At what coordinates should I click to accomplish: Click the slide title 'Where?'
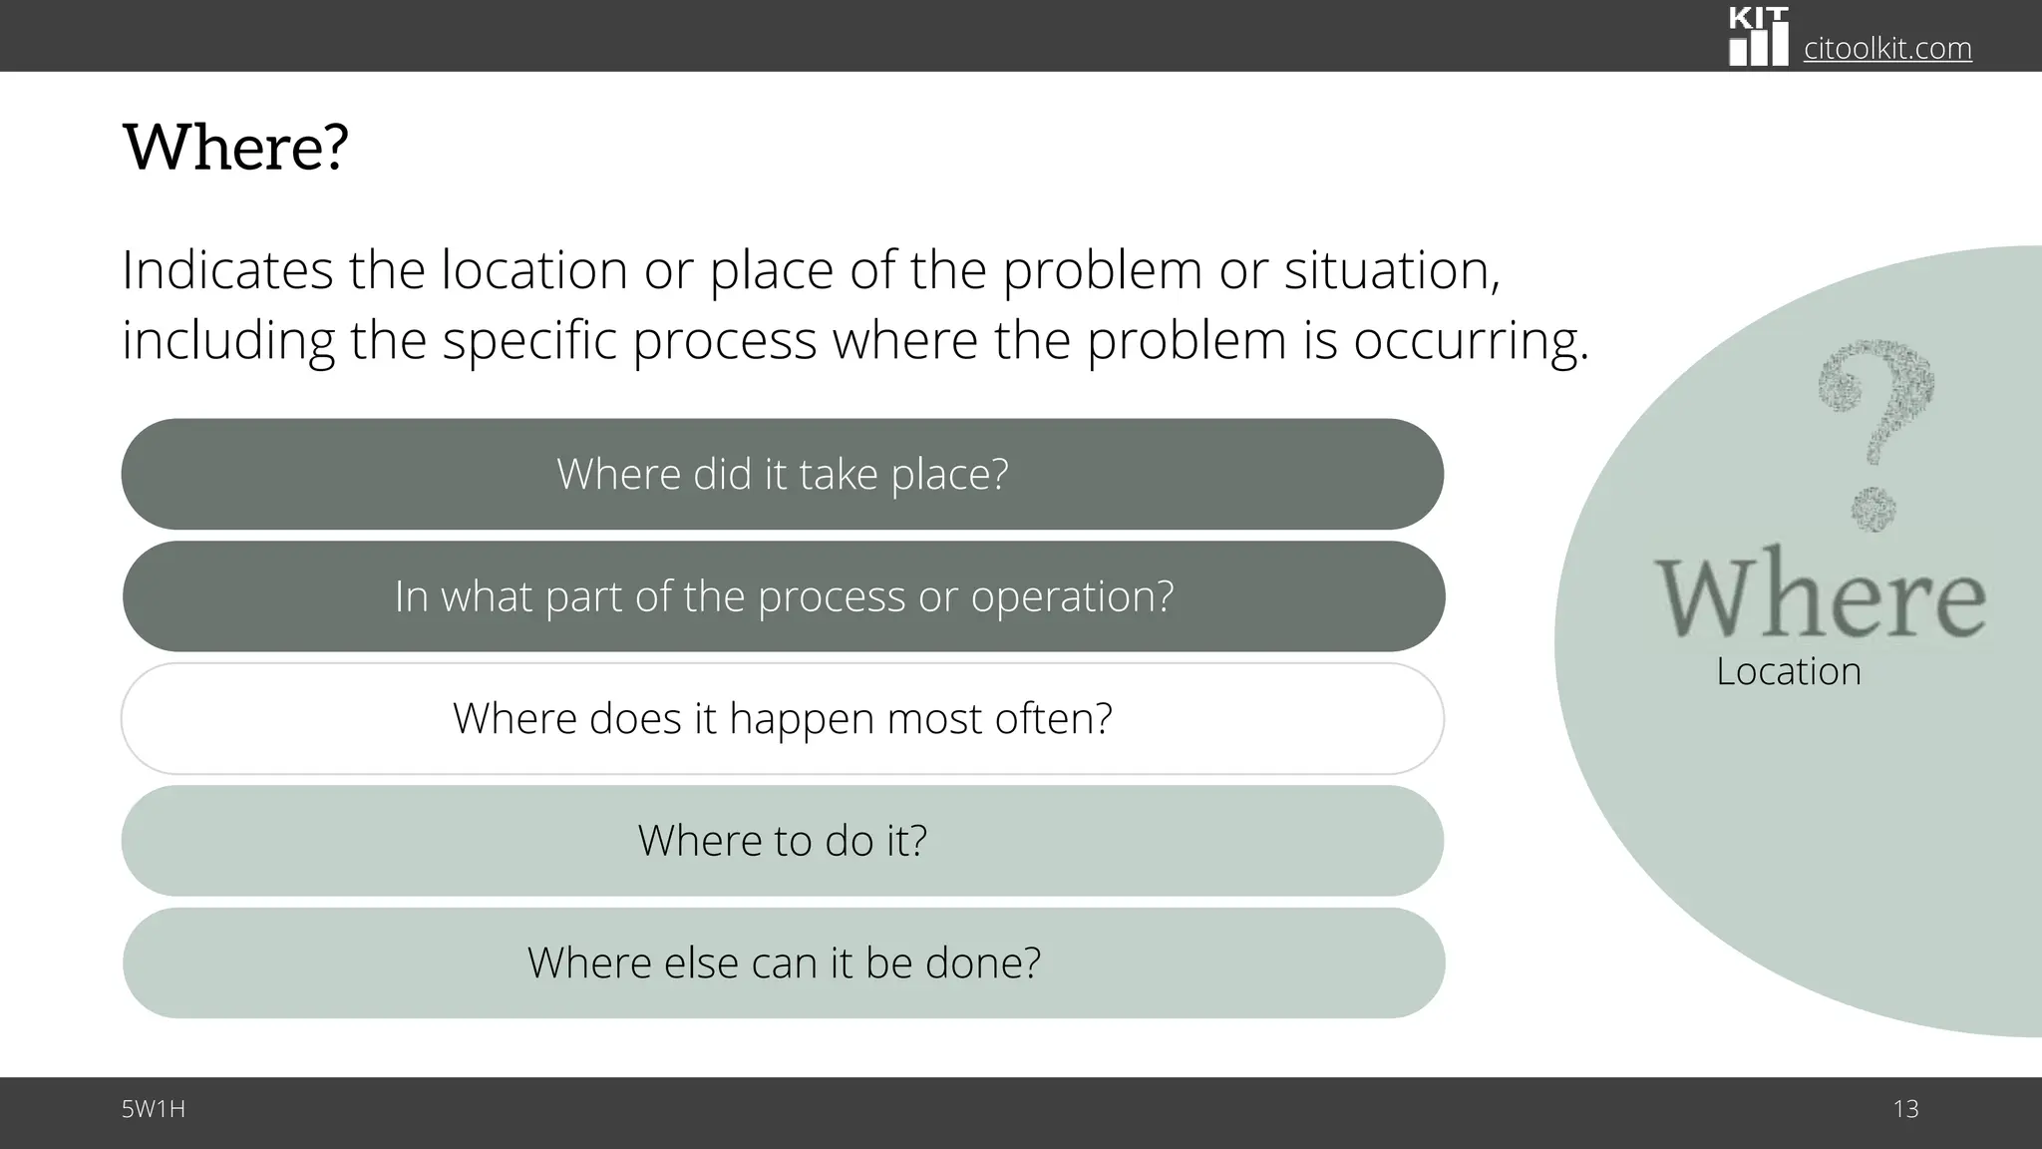click(x=235, y=148)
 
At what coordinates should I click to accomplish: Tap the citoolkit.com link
click(x=1887, y=48)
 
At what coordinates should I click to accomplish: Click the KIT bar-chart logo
click(x=1758, y=38)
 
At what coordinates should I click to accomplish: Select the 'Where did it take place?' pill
click(x=783, y=474)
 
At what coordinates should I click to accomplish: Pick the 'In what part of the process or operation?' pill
click(x=784, y=596)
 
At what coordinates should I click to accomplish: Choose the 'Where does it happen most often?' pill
click(x=783, y=718)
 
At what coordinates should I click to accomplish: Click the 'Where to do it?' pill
click(x=783, y=841)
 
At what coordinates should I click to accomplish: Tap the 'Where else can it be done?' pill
click(x=784, y=962)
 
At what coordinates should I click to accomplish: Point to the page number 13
click(x=1905, y=1109)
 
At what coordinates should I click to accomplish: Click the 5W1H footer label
click(x=154, y=1109)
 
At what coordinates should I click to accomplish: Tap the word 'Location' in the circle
click(x=1789, y=671)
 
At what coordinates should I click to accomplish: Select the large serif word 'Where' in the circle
click(x=1821, y=595)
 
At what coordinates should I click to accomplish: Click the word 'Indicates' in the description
click(x=227, y=269)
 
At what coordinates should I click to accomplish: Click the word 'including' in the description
click(x=227, y=341)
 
